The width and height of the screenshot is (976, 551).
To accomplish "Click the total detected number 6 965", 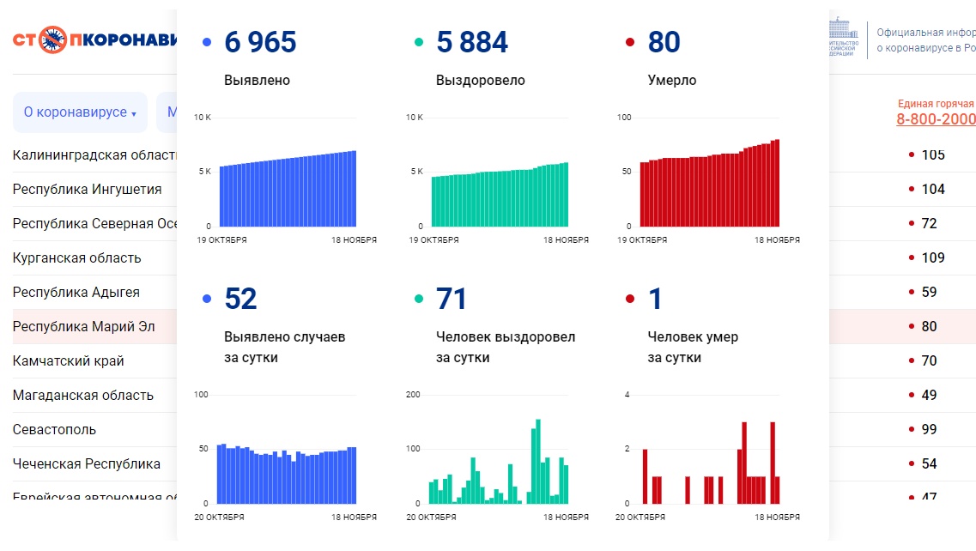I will coord(260,42).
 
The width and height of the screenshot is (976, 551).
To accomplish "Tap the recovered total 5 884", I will coord(472,42).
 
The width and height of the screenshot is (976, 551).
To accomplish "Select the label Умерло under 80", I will coord(672,81).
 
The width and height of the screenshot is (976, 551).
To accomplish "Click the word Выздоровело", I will coord(480,81).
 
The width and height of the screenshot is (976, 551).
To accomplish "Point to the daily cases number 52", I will coord(240,299).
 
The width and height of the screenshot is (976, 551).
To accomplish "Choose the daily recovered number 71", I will coord(452,299).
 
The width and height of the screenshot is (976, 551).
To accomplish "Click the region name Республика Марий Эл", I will coord(84,327).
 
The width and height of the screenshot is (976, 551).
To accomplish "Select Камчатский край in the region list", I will coord(69,361).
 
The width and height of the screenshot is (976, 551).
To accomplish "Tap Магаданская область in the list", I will coord(83,396).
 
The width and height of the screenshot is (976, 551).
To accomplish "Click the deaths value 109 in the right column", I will coord(932,257).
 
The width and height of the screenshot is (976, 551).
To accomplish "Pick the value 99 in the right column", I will coord(929,429).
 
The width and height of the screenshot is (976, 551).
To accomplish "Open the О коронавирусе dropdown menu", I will coord(80,112).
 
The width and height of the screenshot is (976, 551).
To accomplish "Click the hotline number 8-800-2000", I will coord(936,119).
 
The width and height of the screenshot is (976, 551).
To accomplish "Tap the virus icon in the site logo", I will coord(53,39).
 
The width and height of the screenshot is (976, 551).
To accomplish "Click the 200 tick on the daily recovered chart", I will coord(413,395).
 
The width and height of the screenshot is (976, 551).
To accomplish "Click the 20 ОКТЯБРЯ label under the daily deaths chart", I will coord(640,518).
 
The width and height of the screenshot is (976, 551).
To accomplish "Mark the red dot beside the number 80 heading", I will coord(630,42).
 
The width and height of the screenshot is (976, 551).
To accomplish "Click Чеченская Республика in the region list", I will coord(87,464).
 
